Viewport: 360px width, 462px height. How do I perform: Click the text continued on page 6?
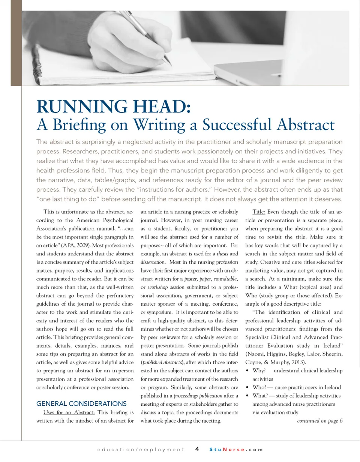(319, 420)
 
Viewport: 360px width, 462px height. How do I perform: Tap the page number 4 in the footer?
(197, 449)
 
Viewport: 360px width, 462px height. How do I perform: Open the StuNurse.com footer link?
(236, 449)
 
